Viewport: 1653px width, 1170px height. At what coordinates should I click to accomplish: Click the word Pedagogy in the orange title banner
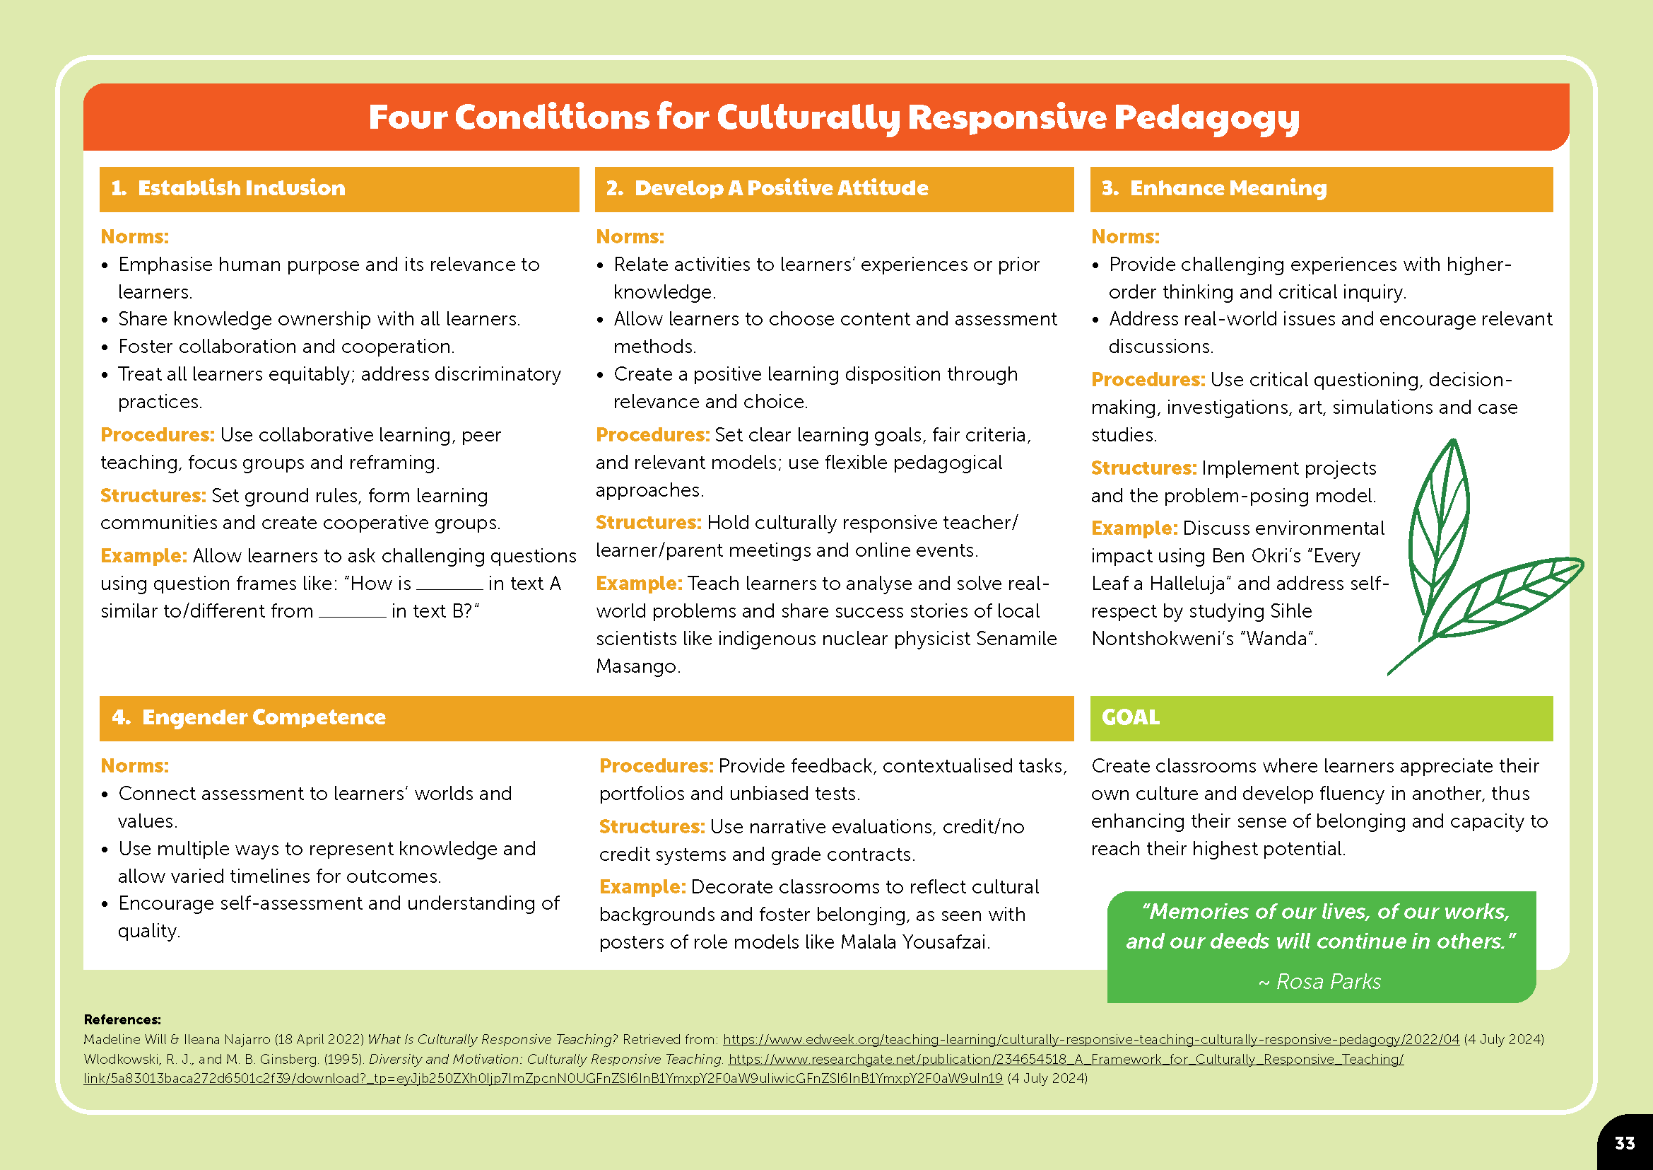click(1206, 117)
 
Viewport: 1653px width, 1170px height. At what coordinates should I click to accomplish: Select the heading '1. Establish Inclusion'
click(228, 188)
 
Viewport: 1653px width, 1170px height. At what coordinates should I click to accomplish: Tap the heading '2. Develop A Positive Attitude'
click(767, 188)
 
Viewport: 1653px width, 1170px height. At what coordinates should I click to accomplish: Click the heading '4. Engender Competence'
click(249, 717)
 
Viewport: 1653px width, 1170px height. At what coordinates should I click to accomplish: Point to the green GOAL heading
click(1130, 717)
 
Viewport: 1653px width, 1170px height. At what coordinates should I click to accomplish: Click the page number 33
click(1625, 1143)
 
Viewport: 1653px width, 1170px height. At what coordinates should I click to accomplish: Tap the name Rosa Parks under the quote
click(1329, 981)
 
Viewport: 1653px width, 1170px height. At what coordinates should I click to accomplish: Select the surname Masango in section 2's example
click(637, 666)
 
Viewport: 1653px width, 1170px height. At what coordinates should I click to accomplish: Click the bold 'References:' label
click(122, 1019)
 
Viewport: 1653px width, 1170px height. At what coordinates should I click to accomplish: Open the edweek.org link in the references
click(1090, 1040)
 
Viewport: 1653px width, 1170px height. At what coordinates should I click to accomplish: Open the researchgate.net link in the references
click(1066, 1059)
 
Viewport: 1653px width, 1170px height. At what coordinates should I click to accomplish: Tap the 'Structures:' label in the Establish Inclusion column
click(153, 496)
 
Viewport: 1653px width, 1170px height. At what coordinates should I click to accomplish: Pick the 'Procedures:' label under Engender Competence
click(656, 766)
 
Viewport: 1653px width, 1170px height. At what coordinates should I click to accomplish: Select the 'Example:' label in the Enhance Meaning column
click(1134, 528)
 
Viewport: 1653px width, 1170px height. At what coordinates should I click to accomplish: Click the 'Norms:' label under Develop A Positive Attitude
click(630, 237)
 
